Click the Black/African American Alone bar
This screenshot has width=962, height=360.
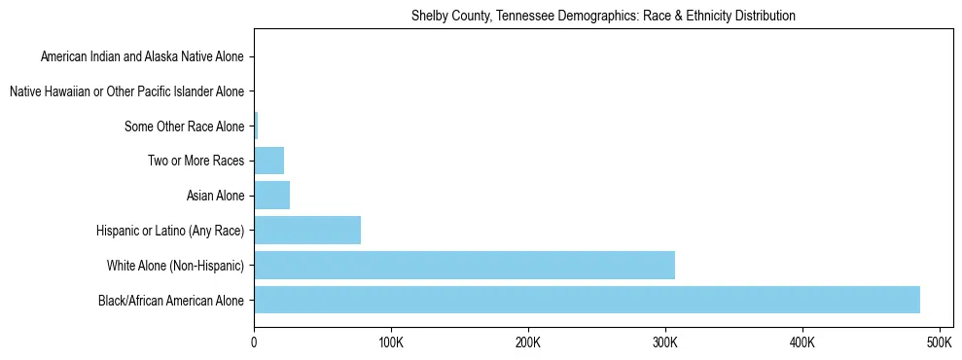tap(587, 300)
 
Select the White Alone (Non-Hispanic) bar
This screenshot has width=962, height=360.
tap(464, 265)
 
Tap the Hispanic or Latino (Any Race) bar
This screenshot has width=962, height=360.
tap(307, 231)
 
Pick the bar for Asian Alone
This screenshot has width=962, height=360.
tap(271, 196)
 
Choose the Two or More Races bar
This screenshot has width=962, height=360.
tap(268, 161)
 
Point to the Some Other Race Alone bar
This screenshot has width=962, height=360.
tap(256, 126)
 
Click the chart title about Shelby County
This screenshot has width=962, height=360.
tap(603, 16)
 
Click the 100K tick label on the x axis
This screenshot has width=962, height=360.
tap(390, 342)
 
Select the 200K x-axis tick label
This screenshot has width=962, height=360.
tap(527, 342)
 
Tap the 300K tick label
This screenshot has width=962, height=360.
tap(665, 342)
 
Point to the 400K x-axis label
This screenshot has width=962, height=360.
tap(802, 342)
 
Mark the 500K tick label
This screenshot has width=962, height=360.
tap(940, 342)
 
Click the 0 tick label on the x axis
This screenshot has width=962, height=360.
tap(254, 342)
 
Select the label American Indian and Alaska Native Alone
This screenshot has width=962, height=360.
tap(142, 57)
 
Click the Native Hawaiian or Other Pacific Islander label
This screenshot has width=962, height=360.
tap(126, 92)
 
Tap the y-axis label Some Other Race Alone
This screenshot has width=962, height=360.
tap(185, 126)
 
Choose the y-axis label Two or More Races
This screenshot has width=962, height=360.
tap(196, 162)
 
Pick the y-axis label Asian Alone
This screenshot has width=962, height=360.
tap(215, 197)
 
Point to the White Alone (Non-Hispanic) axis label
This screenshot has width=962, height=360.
tap(175, 266)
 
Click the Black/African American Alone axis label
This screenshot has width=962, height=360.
tap(171, 301)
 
